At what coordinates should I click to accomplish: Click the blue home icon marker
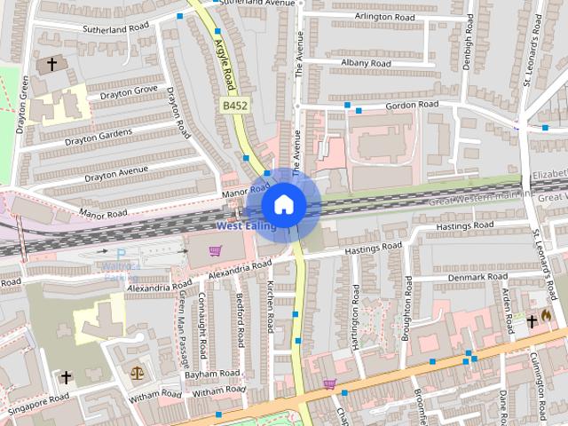(x=283, y=204)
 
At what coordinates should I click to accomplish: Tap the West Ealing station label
(x=246, y=226)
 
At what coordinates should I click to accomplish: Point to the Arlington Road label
(x=384, y=17)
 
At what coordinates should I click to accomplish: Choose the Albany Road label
(x=367, y=64)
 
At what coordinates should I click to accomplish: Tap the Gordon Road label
(x=413, y=105)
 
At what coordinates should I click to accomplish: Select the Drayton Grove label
(x=128, y=91)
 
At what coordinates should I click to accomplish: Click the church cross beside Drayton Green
(x=51, y=64)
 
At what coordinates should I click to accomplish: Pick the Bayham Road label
(x=213, y=374)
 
